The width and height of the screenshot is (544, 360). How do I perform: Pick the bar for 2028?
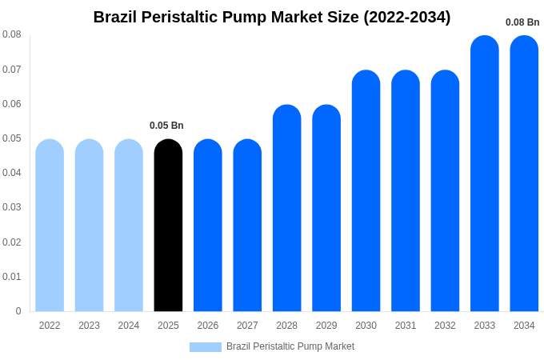click(286, 208)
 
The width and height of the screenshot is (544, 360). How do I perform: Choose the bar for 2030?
click(366, 191)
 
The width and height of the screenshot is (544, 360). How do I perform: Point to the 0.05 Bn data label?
click(166, 126)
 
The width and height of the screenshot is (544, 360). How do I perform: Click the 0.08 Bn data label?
click(522, 22)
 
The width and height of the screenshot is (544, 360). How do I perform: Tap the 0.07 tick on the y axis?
click(12, 70)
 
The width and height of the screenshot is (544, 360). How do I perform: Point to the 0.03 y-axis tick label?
click(12, 207)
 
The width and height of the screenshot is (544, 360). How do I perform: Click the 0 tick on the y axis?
click(18, 311)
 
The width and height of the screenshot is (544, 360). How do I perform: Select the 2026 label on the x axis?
click(208, 326)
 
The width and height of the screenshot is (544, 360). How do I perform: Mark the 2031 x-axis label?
click(406, 326)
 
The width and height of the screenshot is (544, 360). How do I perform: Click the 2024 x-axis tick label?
click(129, 326)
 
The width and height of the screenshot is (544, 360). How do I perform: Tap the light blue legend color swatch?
click(205, 347)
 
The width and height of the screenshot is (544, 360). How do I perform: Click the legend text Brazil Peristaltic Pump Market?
click(290, 346)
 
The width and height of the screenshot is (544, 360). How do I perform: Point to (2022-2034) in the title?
click(407, 17)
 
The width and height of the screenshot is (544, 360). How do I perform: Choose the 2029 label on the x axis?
click(326, 326)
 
